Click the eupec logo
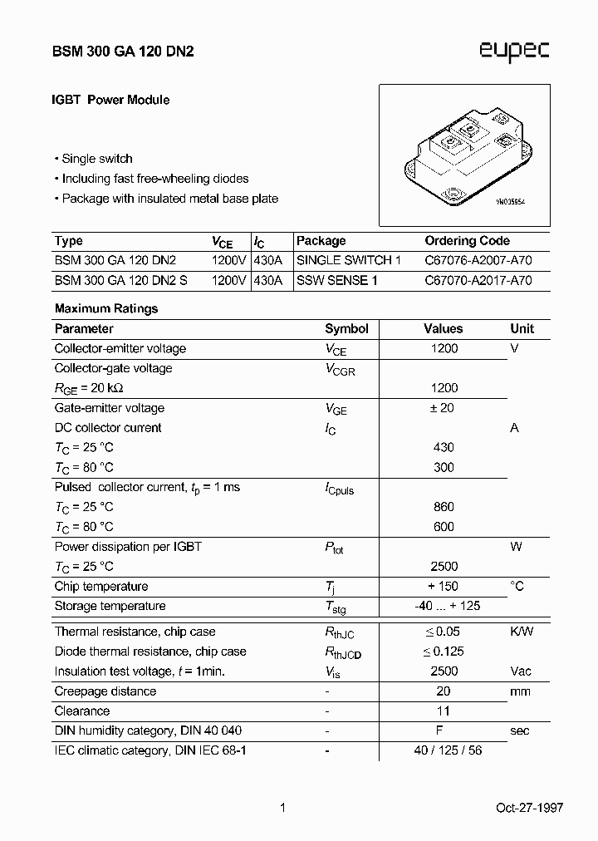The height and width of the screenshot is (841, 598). (513, 52)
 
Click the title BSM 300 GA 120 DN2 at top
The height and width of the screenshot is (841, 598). (125, 51)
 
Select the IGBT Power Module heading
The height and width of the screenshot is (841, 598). (111, 100)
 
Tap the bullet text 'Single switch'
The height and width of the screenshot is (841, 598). (97, 159)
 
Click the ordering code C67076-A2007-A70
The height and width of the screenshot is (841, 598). (478, 261)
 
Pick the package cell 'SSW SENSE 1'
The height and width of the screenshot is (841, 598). (337, 281)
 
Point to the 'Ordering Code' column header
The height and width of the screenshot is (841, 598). (467, 241)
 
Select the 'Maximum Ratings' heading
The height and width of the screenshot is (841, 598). (106, 308)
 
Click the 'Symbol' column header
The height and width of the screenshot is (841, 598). (346, 329)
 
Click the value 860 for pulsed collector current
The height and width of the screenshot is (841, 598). (444, 507)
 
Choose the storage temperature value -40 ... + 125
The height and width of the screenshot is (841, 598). (447, 606)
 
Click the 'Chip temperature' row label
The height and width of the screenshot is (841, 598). (101, 587)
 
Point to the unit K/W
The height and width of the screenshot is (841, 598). (522, 632)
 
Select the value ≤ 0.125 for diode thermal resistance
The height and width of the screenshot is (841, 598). (444, 652)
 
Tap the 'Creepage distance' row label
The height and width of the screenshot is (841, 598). (105, 691)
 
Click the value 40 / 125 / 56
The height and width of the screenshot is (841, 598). (448, 750)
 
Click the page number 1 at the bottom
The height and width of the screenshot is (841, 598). (283, 808)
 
